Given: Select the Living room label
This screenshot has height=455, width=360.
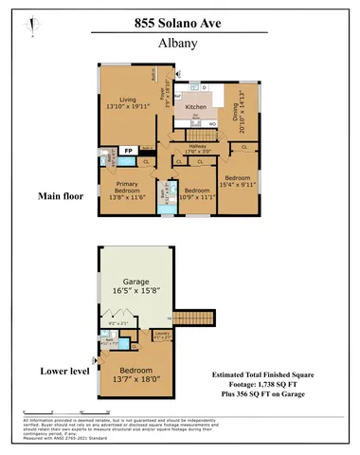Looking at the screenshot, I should (128, 102).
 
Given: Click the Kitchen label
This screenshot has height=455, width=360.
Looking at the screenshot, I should (196, 108).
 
